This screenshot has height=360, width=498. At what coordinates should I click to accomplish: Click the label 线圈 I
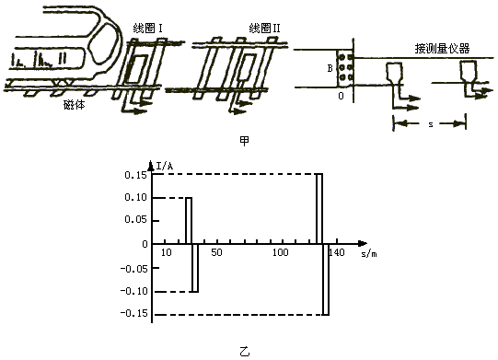[147, 29]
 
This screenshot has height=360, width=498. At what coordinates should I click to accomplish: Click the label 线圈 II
[265, 29]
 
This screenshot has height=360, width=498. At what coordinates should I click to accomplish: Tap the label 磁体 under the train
[75, 105]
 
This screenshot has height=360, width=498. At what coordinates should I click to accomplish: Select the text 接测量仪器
[442, 49]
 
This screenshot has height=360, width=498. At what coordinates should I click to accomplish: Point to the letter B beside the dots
[330, 68]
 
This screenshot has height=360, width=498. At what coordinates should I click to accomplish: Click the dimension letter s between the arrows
[431, 124]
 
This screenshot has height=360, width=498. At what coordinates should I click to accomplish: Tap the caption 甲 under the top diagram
[244, 142]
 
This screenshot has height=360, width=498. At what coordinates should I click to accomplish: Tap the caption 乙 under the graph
[244, 352]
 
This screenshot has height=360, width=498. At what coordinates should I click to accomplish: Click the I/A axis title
[165, 166]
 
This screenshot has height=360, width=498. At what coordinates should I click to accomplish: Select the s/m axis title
[369, 254]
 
